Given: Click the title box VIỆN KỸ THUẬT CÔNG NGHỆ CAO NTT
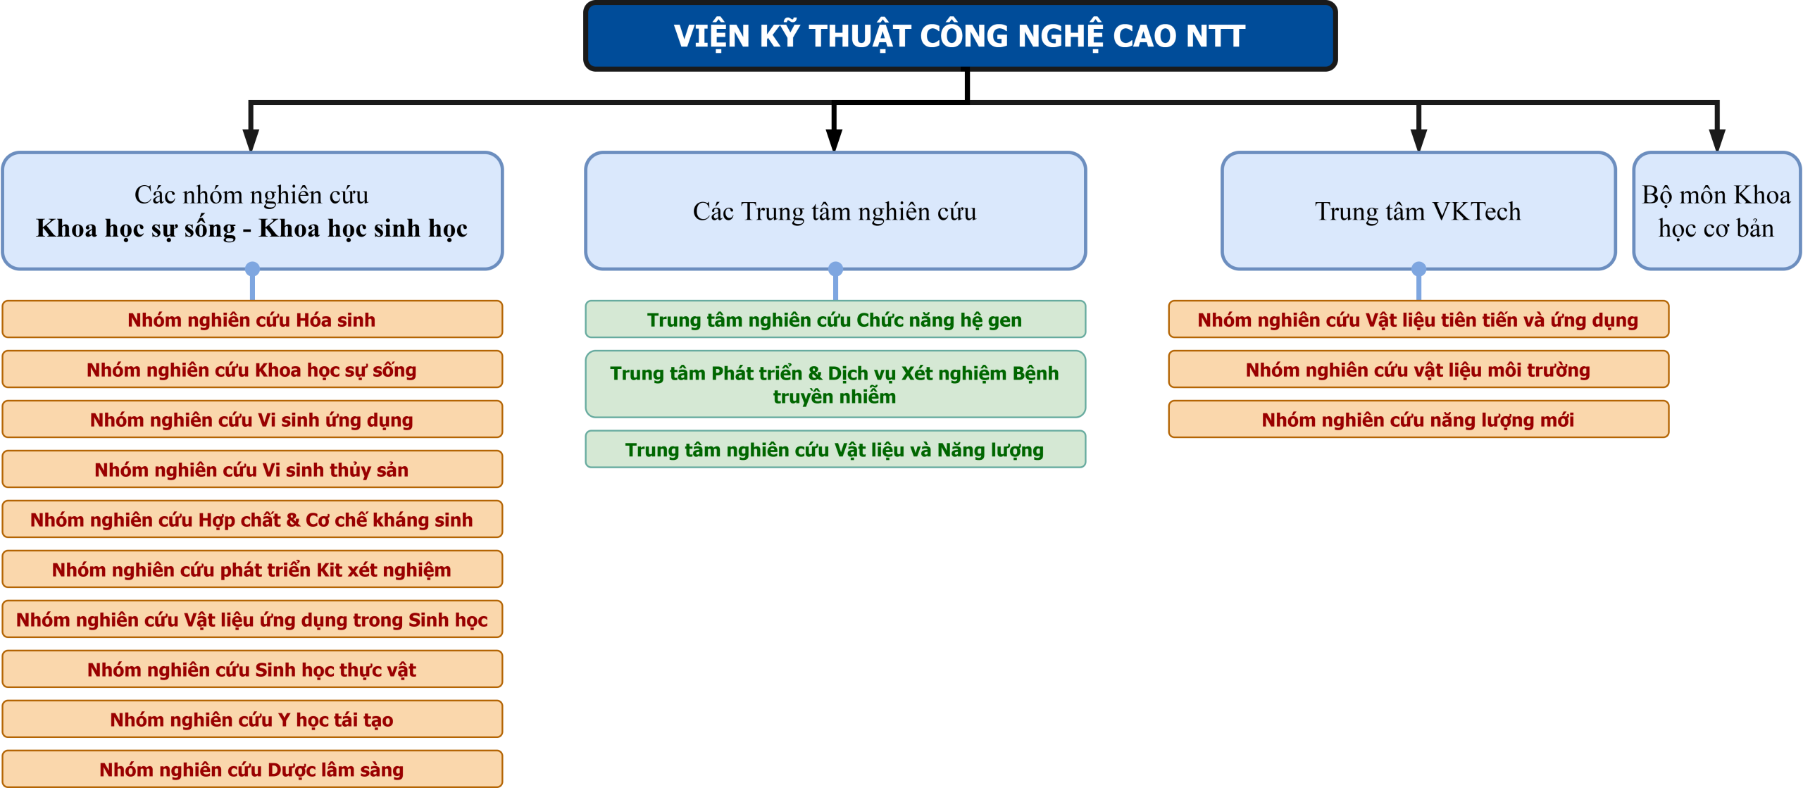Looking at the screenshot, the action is tap(960, 36).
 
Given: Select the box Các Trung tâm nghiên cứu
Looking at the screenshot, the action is tap(835, 211).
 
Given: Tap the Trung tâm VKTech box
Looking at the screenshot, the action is tap(1418, 211).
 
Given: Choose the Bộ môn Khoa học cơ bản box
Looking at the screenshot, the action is tap(1717, 211).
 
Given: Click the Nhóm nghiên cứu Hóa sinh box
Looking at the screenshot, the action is tap(252, 320).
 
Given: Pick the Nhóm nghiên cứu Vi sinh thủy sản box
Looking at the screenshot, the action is tap(252, 470).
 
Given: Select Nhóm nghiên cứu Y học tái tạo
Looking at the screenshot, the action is tap(252, 720).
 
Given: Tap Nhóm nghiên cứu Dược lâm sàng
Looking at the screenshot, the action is tap(252, 769).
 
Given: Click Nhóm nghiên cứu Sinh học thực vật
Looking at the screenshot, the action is tap(252, 670).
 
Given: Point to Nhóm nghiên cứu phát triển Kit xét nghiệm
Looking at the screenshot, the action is tap(252, 570).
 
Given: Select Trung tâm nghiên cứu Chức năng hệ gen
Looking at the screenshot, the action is tap(835, 320).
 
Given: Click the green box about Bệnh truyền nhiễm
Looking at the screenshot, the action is tap(835, 384).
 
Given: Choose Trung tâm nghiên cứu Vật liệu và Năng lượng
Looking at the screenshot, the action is tap(835, 449).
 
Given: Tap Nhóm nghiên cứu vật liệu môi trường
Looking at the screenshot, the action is tap(1418, 370).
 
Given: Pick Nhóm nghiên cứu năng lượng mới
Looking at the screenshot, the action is tap(1418, 420).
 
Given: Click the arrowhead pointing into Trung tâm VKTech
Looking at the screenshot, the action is tap(1419, 139).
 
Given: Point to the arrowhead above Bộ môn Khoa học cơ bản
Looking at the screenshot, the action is tap(1717, 139).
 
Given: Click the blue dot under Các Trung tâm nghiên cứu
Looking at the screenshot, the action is tap(835, 269).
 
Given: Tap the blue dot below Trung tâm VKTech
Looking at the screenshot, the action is tap(1418, 269).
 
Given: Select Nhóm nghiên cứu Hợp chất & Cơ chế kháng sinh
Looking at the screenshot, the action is tap(252, 520).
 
